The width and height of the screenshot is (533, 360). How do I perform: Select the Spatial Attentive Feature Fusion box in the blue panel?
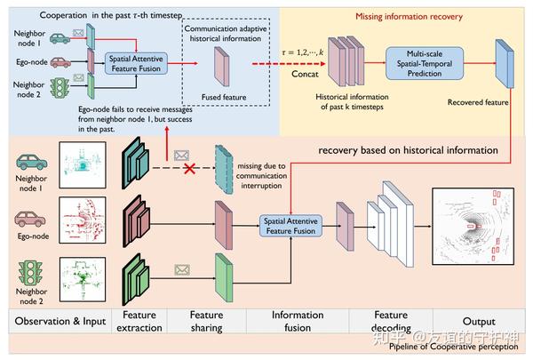(x=138, y=63)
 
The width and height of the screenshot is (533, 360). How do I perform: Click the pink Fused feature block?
(x=221, y=68)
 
